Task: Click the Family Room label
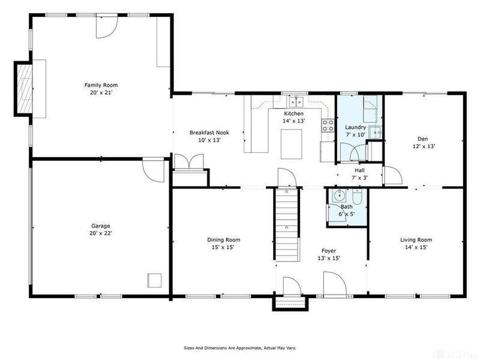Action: point(99,85)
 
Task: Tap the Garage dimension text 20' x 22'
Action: point(100,233)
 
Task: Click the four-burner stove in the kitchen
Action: point(328,125)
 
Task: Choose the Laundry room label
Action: point(355,127)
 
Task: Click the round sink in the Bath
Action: point(339,195)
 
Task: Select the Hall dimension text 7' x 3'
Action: point(360,178)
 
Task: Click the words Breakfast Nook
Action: point(209,133)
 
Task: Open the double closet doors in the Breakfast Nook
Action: point(190,163)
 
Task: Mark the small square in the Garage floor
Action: point(155,280)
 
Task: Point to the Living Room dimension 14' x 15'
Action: point(416,247)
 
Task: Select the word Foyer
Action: point(328,251)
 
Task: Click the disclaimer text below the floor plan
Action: point(239,347)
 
